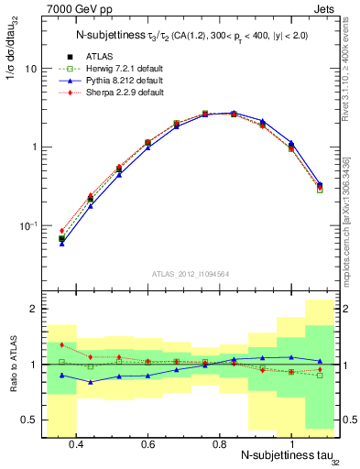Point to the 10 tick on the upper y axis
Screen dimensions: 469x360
[32, 69]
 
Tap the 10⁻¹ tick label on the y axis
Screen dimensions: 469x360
[29, 225]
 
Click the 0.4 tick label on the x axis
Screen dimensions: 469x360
[76, 445]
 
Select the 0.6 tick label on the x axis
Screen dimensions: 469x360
[147, 445]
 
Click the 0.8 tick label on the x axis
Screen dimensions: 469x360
[219, 445]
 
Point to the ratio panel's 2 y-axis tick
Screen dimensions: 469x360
[34, 310]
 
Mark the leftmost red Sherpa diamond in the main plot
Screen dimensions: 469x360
[61, 231]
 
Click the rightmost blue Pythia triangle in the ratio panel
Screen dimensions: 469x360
[319, 361]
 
